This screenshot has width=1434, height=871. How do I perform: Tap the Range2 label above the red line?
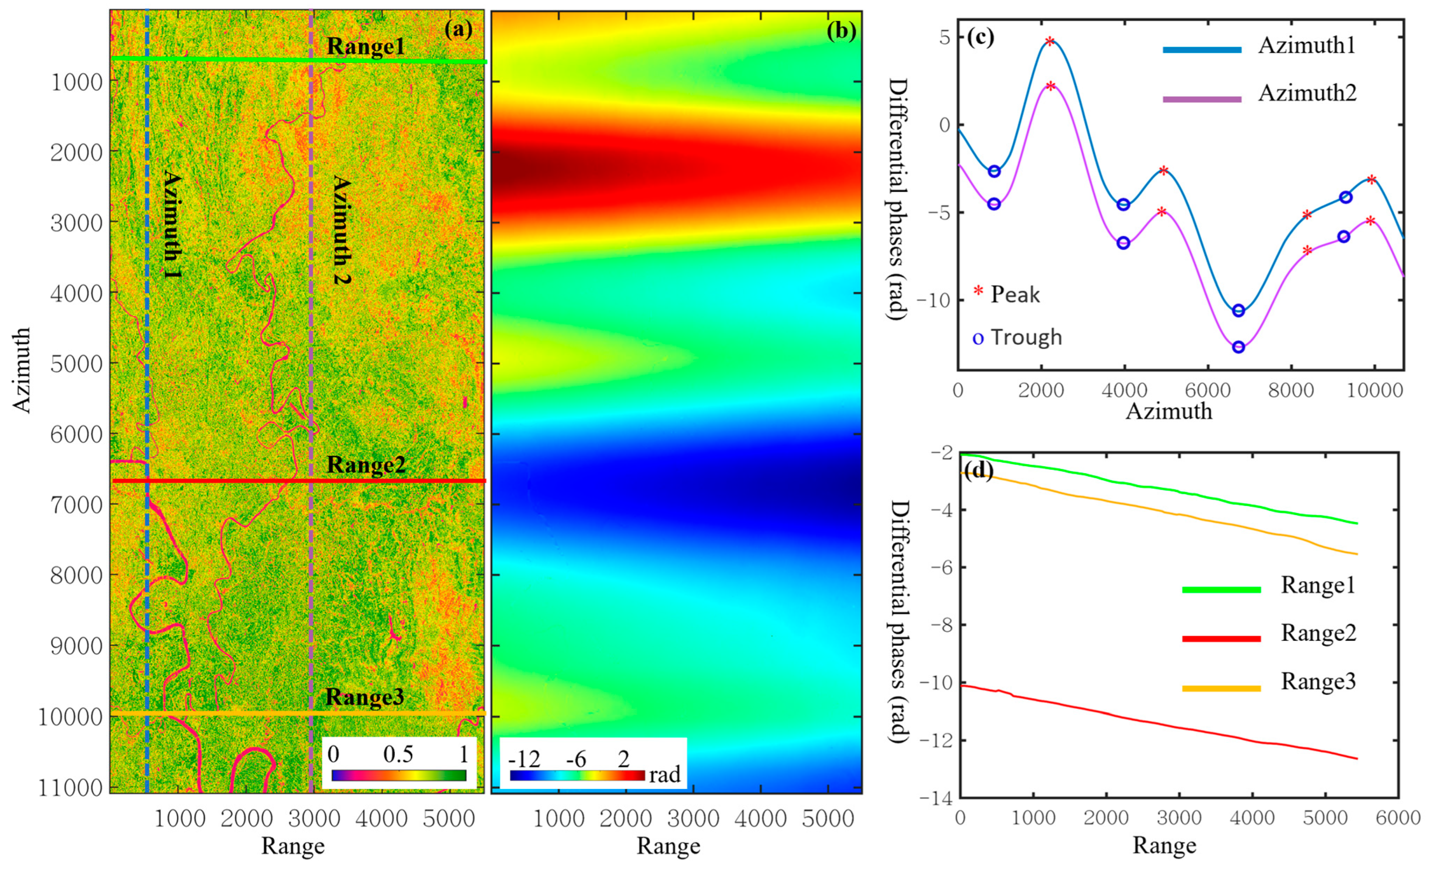point(365,465)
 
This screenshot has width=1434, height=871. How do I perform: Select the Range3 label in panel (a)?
point(365,697)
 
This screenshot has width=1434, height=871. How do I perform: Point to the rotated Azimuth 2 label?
point(342,231)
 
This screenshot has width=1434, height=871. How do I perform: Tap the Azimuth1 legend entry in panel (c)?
point(1307,45)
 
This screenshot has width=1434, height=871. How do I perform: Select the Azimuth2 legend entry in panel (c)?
point(1307,93)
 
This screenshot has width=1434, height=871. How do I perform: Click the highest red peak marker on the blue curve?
point(1049,41)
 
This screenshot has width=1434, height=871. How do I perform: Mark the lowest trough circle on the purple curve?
point(1238,348)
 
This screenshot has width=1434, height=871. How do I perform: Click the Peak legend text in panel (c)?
point(1014,295)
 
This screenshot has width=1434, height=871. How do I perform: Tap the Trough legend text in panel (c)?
point(1025,337)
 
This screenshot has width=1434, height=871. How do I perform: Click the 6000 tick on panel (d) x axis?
point(1398,818)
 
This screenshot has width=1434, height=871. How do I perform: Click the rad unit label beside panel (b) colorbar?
point(665,775)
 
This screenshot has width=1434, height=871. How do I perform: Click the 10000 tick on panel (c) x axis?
point(1374,390)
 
